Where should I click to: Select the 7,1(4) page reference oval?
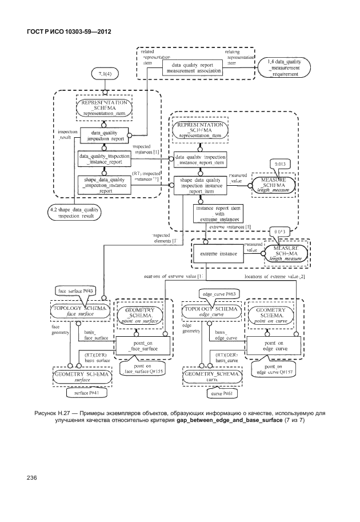pyautogui.click(x=105, y=74)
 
